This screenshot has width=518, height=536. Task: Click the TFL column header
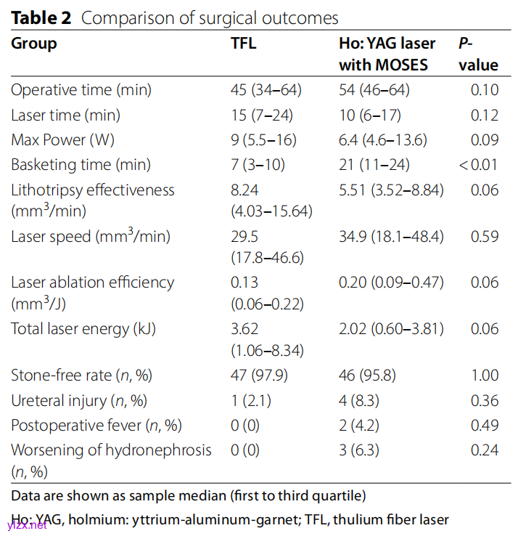243,43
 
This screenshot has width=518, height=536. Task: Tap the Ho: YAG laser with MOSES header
388,54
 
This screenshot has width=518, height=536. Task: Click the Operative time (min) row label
81,90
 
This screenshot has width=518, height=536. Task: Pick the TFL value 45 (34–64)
266,90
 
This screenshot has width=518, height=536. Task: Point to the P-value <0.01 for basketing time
478,165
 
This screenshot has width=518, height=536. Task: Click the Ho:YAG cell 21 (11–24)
374,165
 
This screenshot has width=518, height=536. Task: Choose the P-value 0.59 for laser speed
485,236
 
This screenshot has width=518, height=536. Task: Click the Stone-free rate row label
82,375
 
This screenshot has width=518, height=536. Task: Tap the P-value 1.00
485,375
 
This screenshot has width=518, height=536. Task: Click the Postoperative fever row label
96,425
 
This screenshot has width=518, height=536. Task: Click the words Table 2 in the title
41,18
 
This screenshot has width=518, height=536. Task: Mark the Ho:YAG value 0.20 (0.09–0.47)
391,283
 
